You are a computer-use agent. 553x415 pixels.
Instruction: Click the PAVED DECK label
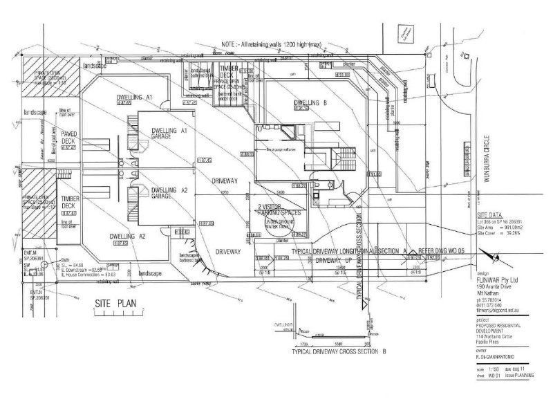point(68,136)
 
